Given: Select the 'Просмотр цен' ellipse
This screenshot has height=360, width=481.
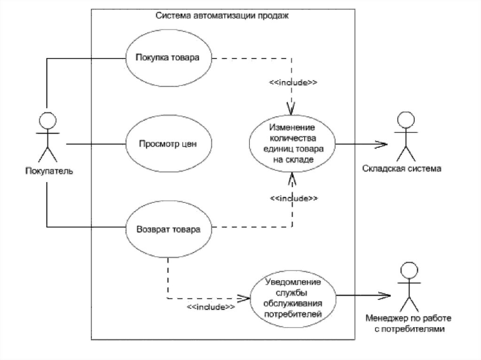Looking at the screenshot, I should coord(168,144).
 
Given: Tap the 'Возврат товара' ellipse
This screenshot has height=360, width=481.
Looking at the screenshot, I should coord(168,230).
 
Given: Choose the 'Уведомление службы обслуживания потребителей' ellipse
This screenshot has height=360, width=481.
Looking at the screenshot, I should coord(293,298).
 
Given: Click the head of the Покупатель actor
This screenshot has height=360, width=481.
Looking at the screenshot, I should coord(47,120).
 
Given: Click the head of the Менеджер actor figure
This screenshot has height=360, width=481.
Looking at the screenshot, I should coord(408,270).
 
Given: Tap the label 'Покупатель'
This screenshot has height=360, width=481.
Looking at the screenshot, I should coord(49,170).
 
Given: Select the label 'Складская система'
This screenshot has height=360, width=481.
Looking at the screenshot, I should coord(402,169).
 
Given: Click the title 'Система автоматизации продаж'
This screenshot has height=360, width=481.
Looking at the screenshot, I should coord(222,15).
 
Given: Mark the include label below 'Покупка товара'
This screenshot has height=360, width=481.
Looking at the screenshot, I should coord(293,82).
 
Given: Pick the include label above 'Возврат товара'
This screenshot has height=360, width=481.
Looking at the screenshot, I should coord(294,199).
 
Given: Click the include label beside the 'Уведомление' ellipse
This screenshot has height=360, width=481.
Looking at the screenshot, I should coord(211,307).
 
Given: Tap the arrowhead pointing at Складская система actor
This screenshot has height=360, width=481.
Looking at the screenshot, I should coord(383,144).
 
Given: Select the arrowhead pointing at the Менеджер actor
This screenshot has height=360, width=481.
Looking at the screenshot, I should coord(386,296).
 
